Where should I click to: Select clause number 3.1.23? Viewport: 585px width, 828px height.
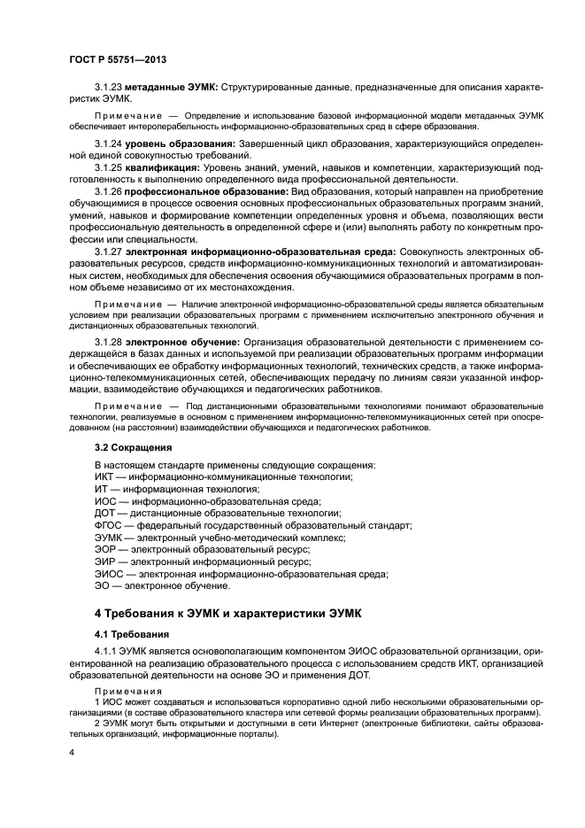(x=108, y=90)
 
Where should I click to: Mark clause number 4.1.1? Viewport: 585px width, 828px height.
(x=105, y=653)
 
